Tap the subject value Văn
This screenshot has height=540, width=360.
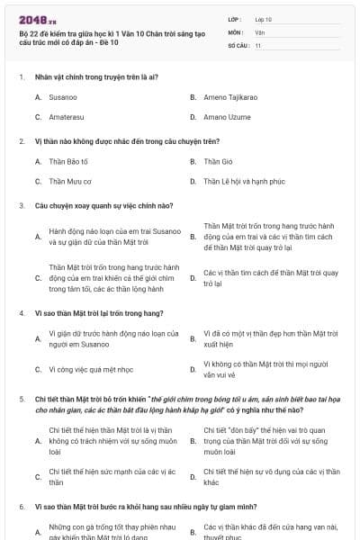tap(259, 31)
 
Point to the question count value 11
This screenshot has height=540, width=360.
tap(258, 44)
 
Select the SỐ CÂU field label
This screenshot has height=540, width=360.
tap(238, 44)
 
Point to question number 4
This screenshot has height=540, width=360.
tap(21, 312)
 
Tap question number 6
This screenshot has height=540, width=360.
tap(21, 507)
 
